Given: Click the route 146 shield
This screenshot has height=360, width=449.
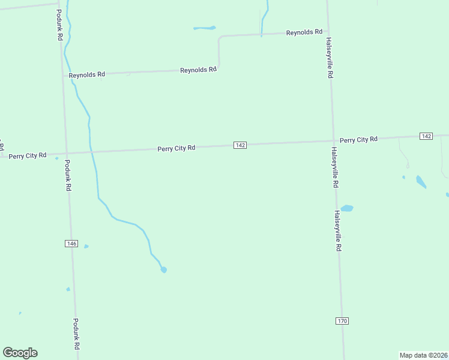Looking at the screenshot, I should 71,243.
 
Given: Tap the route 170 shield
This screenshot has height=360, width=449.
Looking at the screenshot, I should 342,321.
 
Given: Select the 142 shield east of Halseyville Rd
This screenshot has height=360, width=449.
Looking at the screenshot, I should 426,136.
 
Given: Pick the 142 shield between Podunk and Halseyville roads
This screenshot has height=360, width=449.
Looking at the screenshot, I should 240,145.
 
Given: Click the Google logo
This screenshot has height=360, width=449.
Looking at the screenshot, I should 20,353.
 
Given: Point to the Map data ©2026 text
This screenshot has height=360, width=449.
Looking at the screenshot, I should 423,355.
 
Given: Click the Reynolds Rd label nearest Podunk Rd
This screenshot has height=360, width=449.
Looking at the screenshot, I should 87,74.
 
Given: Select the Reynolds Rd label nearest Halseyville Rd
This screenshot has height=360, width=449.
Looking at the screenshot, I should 304,32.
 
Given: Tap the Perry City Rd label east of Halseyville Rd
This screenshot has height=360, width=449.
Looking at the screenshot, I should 358,139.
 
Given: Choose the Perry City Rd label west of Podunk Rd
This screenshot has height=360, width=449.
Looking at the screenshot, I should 28,155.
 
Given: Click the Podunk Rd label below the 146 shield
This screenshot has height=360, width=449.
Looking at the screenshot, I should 76,334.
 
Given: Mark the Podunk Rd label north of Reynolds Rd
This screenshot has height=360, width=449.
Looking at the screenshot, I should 60,25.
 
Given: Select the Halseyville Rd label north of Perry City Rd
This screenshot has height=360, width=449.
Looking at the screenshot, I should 329,58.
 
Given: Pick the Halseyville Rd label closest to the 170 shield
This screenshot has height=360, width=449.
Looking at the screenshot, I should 339,230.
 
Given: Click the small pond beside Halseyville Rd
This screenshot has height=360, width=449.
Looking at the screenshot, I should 347,209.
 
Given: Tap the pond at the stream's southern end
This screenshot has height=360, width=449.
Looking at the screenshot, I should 163,269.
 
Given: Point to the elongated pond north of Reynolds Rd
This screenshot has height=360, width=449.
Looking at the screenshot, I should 204,28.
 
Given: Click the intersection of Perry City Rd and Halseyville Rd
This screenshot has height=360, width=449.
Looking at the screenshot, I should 333,140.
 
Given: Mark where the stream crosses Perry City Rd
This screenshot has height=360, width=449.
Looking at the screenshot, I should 91,152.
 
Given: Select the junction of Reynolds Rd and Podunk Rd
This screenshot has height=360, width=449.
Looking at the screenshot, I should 63,76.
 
